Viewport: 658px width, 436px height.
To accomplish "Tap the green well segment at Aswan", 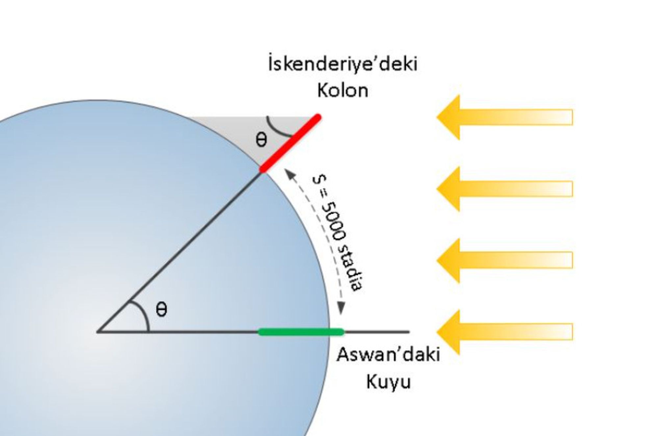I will pos(301,332).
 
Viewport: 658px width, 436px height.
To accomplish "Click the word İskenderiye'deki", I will pos(342,64).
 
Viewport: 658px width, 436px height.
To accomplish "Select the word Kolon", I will pos(342,90).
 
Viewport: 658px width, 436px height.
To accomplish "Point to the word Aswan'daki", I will pos(388,355).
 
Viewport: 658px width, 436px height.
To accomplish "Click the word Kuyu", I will pos(388,382).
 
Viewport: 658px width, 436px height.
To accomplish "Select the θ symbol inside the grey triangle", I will pos(261,140).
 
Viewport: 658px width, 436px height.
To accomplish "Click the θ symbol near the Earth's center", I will pos(161,310).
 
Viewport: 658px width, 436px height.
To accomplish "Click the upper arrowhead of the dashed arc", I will pos(289,173).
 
